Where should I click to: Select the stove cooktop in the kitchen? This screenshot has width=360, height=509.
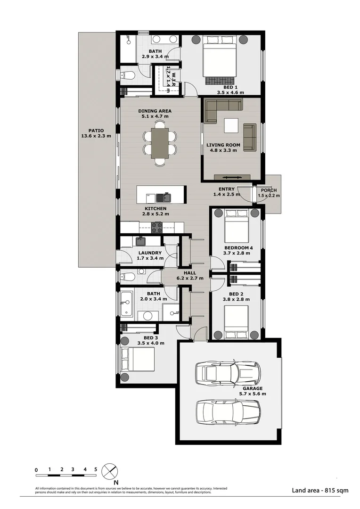click(x=156, y=227)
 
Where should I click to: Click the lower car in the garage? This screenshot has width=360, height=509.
click(x=228, y=411)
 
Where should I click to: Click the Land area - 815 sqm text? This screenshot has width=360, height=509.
click(x=320, y=490)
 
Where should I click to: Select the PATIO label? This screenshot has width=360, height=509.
click(x=96, y=131)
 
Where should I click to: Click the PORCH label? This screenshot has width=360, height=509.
click(x=268, y=190)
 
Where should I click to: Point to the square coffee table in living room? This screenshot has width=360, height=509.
click(x=231, y=126)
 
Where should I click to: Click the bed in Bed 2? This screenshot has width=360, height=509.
click(x=236, y=320)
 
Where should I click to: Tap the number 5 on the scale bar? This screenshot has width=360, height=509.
click(x=96, y=469)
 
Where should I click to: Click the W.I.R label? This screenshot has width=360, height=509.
click(x=173, y=78)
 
